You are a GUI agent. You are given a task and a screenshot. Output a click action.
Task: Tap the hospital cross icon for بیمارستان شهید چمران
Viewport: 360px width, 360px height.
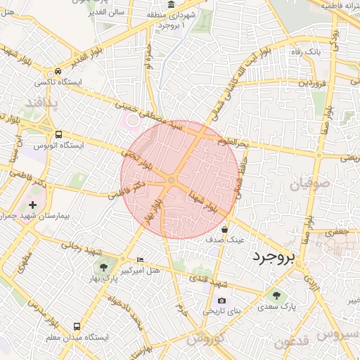tap(32, 204)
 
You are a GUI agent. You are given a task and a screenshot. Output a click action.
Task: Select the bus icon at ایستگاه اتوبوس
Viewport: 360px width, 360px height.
tap(58, 134)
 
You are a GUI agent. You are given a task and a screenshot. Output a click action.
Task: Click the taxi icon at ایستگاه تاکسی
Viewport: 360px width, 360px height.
tap(58, 72)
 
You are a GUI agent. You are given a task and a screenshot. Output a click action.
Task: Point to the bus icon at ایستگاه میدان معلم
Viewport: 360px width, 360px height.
tap(77, 326)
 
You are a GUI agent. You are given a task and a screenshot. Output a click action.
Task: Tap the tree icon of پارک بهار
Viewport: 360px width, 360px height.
tap(104, 267)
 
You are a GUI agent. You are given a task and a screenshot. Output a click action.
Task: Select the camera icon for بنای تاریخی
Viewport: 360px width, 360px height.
tap(202, 300)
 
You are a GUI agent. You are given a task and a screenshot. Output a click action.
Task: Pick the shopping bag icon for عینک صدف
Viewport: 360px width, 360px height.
tap(224, 229)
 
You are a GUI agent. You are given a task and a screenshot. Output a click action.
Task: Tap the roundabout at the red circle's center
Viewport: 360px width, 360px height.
tap(171, 181)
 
